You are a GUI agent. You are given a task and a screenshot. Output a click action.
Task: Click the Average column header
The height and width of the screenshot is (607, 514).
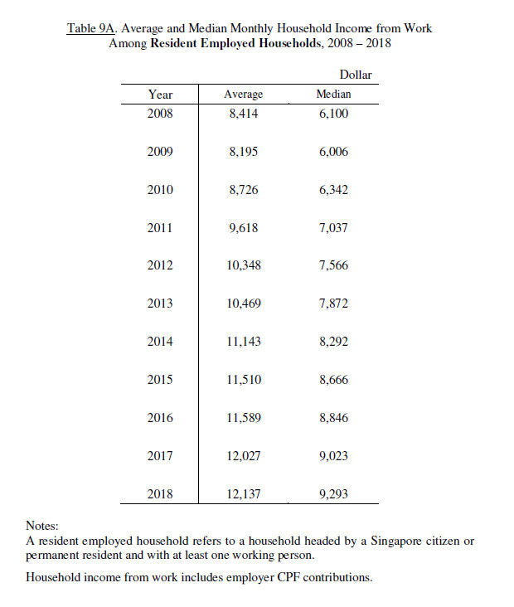coord(243,95)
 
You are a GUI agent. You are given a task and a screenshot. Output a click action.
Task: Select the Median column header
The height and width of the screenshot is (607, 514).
coord(333,95)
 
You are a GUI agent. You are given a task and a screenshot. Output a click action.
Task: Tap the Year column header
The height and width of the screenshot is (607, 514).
coord(160,95)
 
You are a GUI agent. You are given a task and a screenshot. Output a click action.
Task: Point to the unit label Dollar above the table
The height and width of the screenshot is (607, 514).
coord(356,75)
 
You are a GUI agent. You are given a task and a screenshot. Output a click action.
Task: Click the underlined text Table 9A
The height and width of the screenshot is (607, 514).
coord(92,29)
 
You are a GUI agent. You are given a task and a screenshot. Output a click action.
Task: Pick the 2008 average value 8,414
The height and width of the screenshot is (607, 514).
coord(243,114)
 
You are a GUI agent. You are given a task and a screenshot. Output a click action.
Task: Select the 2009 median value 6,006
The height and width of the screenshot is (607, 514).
coord(333,152)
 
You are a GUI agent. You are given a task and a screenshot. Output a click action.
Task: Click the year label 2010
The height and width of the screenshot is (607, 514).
coord(160,190)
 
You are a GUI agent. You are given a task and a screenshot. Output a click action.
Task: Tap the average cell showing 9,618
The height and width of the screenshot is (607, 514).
coord(243,228)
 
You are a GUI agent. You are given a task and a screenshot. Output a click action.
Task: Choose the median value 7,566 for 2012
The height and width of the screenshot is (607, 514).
coord(333,266)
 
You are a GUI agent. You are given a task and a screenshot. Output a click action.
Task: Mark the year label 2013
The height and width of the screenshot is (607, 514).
coord(160,303)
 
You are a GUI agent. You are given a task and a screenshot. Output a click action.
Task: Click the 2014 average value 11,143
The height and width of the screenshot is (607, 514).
coord(243,342)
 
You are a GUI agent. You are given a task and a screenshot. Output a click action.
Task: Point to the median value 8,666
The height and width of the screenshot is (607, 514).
coord(333,380)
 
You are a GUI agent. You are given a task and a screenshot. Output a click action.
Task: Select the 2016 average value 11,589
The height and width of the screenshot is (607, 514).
coord(243,418)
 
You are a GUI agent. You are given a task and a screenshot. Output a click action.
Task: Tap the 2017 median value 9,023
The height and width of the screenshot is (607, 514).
coord(333,456)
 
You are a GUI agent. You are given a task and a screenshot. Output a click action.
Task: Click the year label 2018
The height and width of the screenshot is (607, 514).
coord(160,494)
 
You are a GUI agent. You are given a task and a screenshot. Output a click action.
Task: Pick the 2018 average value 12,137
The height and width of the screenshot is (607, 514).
coord(243,494)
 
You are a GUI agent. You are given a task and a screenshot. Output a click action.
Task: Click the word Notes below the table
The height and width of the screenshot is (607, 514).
coord(42,526)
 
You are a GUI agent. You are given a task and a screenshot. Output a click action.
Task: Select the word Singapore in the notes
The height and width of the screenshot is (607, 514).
coord(376,541)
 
